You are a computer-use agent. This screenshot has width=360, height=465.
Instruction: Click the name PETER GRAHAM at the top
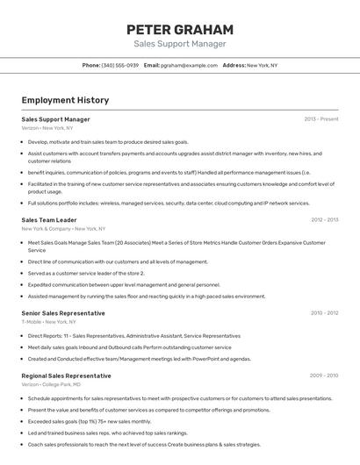179,29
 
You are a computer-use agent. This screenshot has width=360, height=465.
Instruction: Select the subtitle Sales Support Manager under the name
179,44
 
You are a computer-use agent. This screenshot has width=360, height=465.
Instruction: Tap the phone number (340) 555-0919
120,65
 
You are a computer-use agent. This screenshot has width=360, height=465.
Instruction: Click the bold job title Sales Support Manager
55,119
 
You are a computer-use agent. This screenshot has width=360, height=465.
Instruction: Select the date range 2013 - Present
321,119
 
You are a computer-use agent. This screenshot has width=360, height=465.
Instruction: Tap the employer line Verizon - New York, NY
47,128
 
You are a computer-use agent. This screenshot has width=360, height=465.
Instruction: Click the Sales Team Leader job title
49,220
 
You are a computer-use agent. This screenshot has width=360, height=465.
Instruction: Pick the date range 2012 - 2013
324,220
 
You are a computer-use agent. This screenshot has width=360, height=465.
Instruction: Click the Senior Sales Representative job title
63,313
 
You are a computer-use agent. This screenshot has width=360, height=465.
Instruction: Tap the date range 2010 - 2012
324,313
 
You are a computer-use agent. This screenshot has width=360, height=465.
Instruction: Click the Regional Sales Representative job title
67,376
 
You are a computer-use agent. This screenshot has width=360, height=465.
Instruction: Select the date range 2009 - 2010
324,376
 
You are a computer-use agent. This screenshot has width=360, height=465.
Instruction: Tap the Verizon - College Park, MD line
51,384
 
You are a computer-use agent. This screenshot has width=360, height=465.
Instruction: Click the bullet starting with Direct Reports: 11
133,336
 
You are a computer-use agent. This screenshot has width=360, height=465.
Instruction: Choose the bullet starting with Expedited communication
124,284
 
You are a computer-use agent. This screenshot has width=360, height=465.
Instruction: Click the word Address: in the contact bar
234,65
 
